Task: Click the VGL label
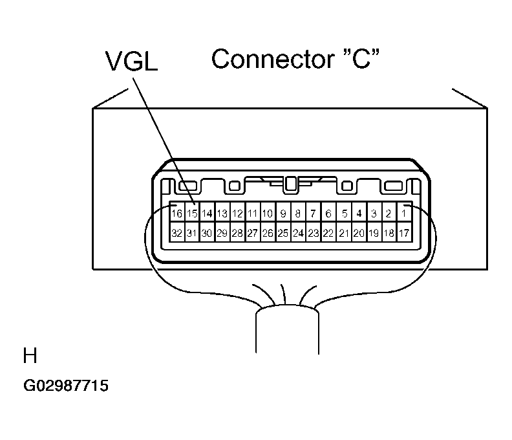click(132, 61)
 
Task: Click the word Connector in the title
click(273, 59)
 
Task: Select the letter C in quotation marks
click(361, 59)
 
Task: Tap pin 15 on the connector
click(192, 214)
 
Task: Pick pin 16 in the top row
click(177, 214)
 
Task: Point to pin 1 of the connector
click(404, 214)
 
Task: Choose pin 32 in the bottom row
click(177, 233)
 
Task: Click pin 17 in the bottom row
click(404, 233)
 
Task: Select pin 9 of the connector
click(283, 214)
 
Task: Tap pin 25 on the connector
click(283, 233)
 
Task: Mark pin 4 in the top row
click(359, 214)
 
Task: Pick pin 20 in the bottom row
click(359, 233)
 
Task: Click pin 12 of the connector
click(237, 214)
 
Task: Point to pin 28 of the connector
click(237, 233)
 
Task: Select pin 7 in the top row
click(314, 214)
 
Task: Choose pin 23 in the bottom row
click(314, 233)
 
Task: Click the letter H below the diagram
click(30, 356)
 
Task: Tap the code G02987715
click(66, 386)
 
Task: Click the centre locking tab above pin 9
click(290, 184)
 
